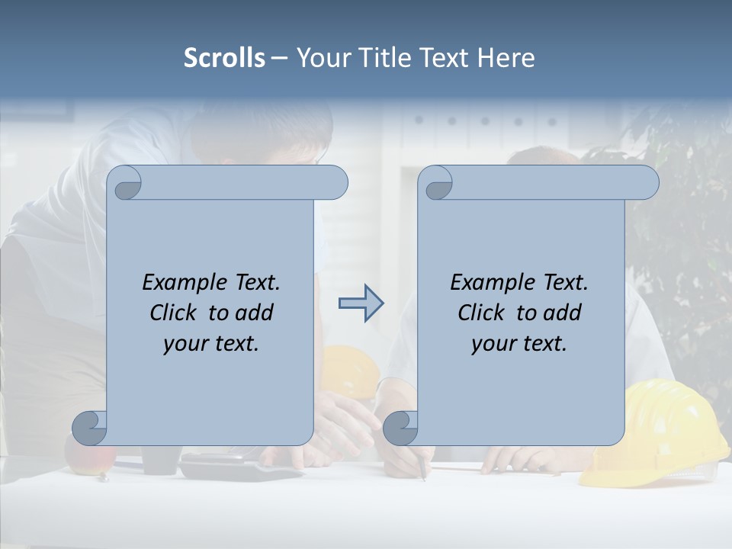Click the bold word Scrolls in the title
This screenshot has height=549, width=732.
tap(224, 58)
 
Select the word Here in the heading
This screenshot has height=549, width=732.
tap(506, 58)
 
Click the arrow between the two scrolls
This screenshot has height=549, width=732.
tap(361, 303)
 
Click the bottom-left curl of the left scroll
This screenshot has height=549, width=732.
tap(90, 428)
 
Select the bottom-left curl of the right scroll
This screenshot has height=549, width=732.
tap(400, 428)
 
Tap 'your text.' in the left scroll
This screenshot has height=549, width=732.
tap(211, 344)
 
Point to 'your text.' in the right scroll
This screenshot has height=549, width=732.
tap(519, 344)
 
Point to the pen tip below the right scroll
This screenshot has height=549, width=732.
tap(424, 478)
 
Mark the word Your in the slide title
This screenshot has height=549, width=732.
tap(320, 58)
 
